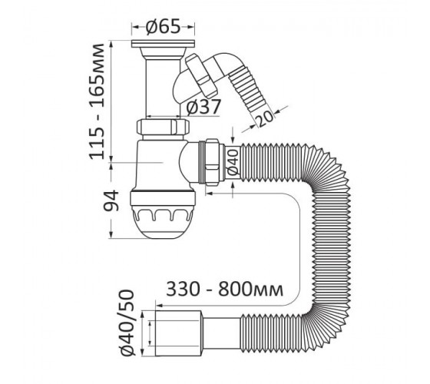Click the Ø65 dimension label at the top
pyautogui.click(x=163, y=27)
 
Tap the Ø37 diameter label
pyautogui.click(x=203, y=107)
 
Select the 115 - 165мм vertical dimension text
pyautogui.click(x=97, y=101)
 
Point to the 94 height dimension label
pyautogui.click(x=111, y=200)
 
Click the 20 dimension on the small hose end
pyautogui.click(x=265, y=118)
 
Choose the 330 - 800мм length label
pyautogui.click(x=224, y=289)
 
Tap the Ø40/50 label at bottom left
pyautogui.click(x=128, y=323)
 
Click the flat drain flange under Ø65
pyautogui.click(x=163, y=43)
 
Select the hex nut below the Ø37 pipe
pyautogui.click(x=163, y=126)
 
